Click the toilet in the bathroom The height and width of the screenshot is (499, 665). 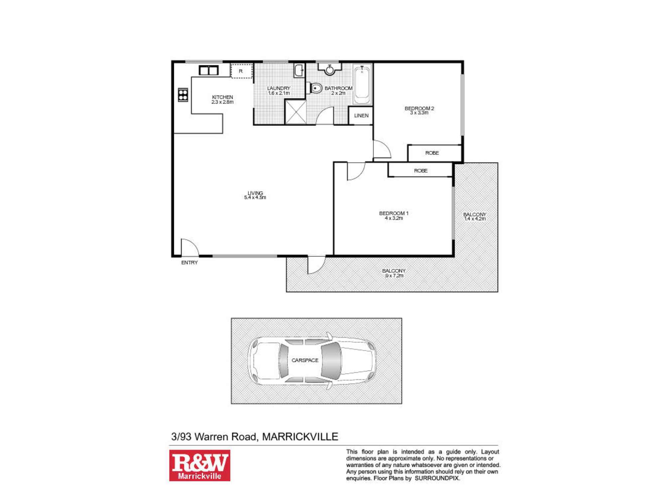[x=316, y=88]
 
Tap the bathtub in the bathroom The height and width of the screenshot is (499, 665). [x=362, y=85]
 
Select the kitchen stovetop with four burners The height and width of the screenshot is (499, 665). [x=183, y=94]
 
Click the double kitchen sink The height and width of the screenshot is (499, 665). [x=208, y=71]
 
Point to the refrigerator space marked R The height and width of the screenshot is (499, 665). [x=241, y=71]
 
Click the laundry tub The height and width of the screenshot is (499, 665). [x=299, y=71]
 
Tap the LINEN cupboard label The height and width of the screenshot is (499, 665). [x=361, y=116]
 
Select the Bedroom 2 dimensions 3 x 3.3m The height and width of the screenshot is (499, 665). [x=419, y=113]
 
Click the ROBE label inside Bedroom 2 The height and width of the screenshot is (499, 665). [x=432, y=153]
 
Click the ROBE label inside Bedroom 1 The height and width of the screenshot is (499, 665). [x=421, y=171]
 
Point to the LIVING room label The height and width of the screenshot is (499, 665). [x=255, y=193]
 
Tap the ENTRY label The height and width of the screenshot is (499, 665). [x=190, y=262]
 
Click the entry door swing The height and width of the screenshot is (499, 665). [x=189, y=247]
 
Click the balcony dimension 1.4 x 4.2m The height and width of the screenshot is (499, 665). [x=474, y=219]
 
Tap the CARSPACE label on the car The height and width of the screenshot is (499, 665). [x=305, y=360]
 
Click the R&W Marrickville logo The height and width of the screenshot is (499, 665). [x=199, y=465]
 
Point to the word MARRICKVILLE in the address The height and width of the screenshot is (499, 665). [x=300, y=436]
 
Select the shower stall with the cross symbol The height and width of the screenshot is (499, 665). [x=296, y=112]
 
